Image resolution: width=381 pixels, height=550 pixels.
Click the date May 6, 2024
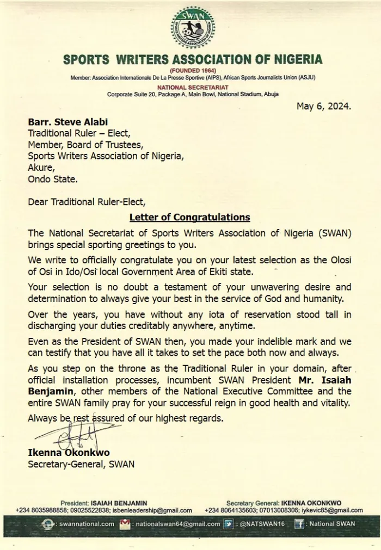tap(323, 107)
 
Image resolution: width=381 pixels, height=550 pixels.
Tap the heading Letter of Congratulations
tap(189, 218)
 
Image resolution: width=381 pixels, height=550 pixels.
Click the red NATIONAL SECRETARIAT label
tap(193, 87)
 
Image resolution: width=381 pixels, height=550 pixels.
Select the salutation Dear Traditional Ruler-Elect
tap(87, 202)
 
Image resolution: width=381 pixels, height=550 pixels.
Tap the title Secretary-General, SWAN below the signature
tap(81, 464)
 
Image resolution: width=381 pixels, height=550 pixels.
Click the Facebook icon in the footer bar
tap(299, 524)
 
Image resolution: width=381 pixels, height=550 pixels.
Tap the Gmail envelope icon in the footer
tap(125, 524)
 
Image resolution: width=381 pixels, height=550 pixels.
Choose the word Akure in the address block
tap(41, 167)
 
